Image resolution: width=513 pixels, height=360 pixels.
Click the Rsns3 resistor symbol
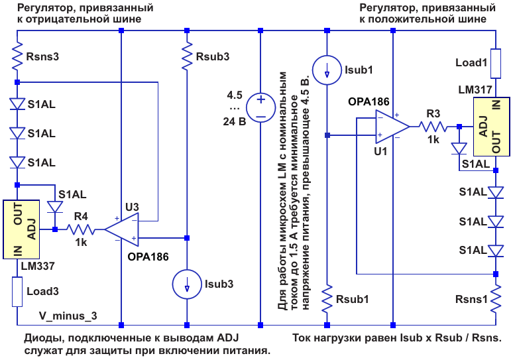[x=17, y=56]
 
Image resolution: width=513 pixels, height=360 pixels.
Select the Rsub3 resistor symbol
[x=187, y=56]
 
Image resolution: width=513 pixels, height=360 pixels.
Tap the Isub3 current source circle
[x=187, y=284]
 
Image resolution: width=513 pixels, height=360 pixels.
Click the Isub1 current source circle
[x=327, y=70]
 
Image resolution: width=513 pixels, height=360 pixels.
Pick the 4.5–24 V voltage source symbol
[x=260, y=107]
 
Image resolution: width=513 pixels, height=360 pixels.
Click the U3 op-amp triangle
[x=121, y=229]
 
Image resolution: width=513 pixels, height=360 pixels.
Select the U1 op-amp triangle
[x=392, y=127]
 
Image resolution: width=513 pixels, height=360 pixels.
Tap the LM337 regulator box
[x=21, y=229]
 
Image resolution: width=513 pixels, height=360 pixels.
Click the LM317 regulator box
[x=492, y=127]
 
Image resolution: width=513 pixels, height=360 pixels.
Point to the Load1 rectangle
[x=496, y=64]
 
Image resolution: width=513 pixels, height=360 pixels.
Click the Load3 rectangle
[x=17, y=292]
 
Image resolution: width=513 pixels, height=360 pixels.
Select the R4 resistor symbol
[x=81, y=229]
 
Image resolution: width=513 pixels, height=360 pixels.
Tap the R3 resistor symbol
[x=433, y=127]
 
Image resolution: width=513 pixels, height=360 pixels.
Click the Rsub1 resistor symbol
[x=327, y=298]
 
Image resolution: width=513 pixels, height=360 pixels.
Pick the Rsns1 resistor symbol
[x=496, y=298]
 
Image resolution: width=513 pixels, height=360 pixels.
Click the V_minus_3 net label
[x=68, y=316]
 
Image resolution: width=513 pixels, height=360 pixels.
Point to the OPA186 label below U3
[x=148, y=257]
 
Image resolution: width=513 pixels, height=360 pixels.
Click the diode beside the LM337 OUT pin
[x=55, y=207]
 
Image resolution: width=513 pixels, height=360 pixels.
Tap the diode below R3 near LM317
[x=459, y=149]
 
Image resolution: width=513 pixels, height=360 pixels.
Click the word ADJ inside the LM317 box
[x=483, y=127]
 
